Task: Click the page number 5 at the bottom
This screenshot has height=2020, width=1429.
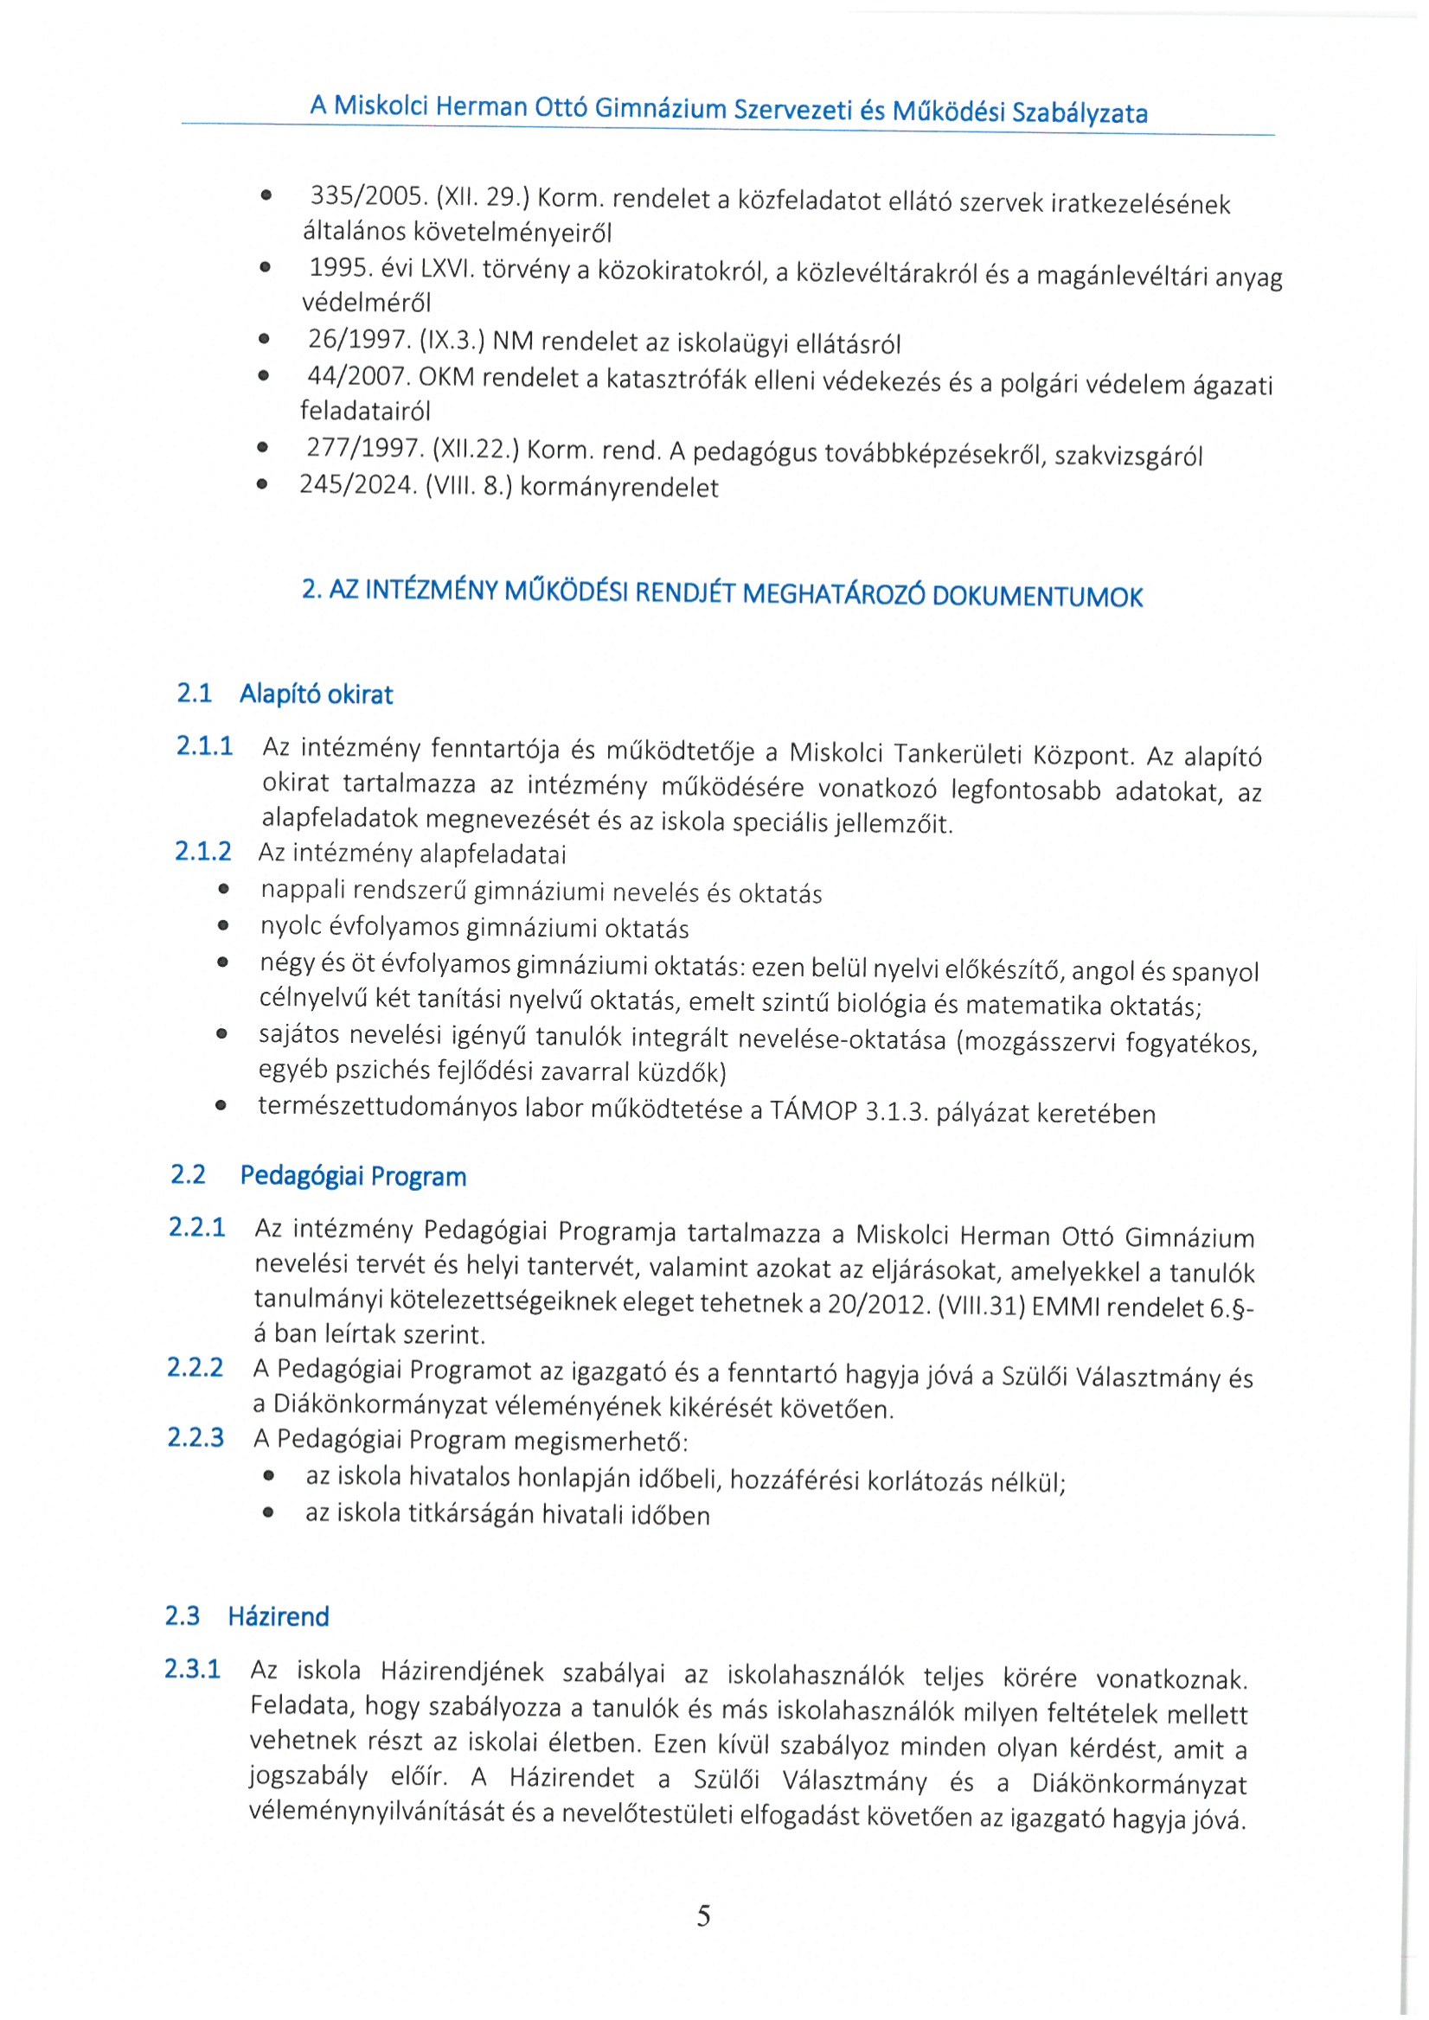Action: pyautogui.click(x=703, y=1915)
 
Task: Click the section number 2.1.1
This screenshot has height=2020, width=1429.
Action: pyautogui.click(x=204, y=746)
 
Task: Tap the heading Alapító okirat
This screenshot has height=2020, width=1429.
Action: pyautogui.click(x=316, y=695)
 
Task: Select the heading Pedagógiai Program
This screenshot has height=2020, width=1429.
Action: pyautogui.click(x=353, y=1176)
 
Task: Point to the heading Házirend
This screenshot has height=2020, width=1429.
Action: pyautogui.click(x=278, y=1616)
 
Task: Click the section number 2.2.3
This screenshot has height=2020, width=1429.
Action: pyautogui.click(x=195, y=1437)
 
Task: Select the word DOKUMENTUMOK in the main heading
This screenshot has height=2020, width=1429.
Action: pyautogui.click(x=1036, y=597)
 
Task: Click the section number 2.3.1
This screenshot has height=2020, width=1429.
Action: pyautogui.click(x=192, y=1669)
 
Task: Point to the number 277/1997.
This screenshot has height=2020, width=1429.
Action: pyautogui.click(x=364, y=449)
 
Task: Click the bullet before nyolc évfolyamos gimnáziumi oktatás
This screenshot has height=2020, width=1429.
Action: pyautogui.click(x=223, y=925)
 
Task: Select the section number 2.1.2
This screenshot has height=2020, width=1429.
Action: pyautogui.click(x=202, y=851)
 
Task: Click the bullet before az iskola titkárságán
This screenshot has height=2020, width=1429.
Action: pyautogui.click(x=268, y=1513)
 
